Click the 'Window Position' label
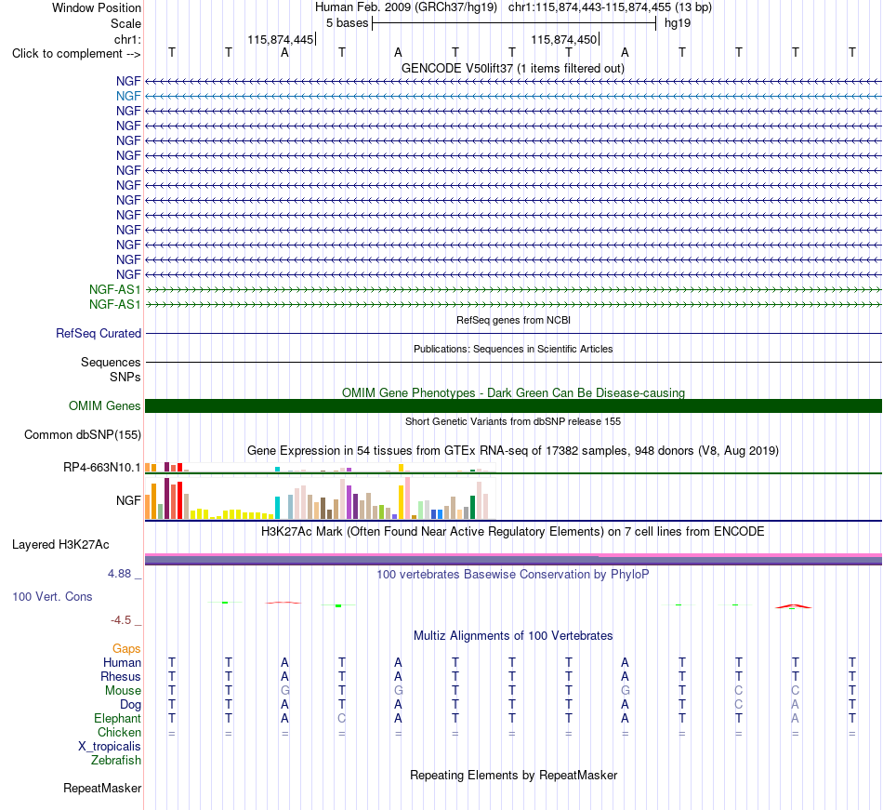(x=97, y=7)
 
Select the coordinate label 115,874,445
(x=280, y=39)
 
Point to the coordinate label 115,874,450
(x=563, y=39)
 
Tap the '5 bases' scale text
(x=347, y=23)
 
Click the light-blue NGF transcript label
(x=128, y=97)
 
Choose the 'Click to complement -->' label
(x=76, y=54)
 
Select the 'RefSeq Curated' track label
(x=99, y=334)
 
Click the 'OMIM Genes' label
(x=105, y=406)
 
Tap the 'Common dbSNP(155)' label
(x=83, y=435)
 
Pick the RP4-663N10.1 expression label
(x=102, y=468)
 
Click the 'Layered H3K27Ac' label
(x=60, y=545)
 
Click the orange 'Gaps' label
(x=126, y=649)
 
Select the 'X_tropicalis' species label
(x=110, y=747)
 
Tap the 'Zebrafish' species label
(x=116, y=761)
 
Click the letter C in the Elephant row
(x=342, y=718)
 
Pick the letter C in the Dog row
(x=739, y=704)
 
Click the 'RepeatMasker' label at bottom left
(x=102, y=788)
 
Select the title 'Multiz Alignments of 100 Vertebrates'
(x=513, y=636)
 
